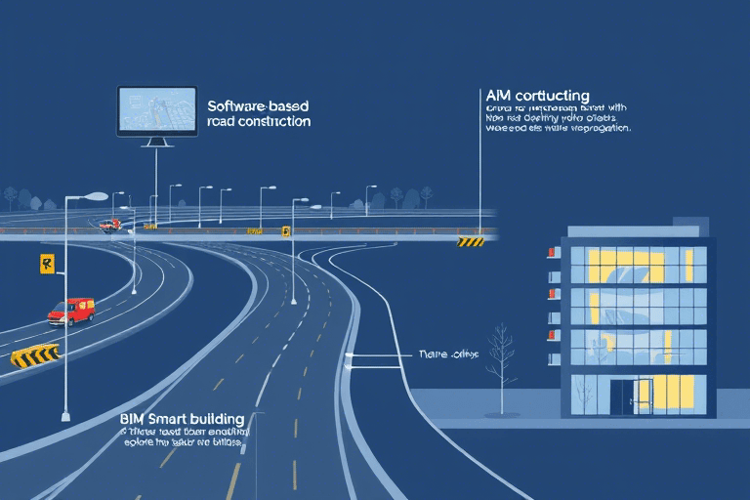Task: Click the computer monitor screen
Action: [154, 110]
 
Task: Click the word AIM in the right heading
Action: [498, 96]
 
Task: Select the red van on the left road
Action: [71, 312]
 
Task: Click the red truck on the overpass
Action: [109, 225]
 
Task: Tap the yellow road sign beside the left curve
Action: [46, 263]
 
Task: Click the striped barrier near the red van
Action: [35, 355]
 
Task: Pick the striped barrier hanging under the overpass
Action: [471, 241]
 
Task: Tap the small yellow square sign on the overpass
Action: [286, 231]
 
